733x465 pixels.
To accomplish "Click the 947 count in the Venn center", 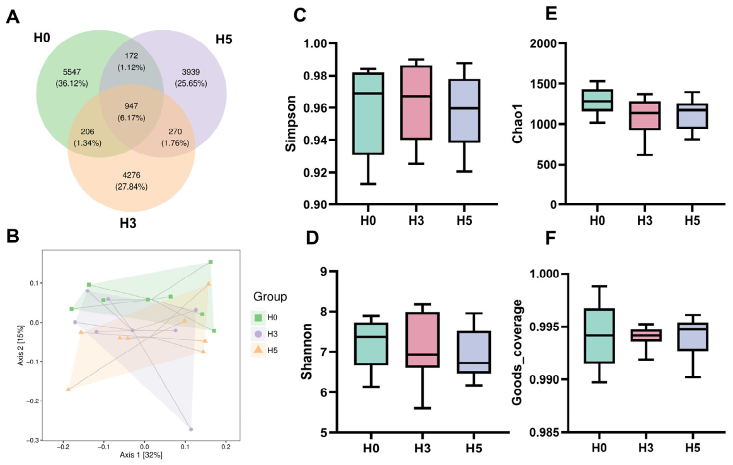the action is pyautogui.click(x=131, y=106).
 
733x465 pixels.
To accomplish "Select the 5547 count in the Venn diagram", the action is pyautogui.click(x=72, y=72).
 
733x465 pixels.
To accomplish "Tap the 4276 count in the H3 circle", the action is pyautogui.click(x=131, y=175).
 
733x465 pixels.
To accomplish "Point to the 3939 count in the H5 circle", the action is pyautogui.click(x=191, y=72).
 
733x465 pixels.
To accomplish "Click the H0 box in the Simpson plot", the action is pyautogui.click(x=368, y=113).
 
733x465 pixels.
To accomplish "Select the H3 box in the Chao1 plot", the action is pyautogui.click(x=645, y=115).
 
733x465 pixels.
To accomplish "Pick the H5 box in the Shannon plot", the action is pyautogui.click(x=473, y=352).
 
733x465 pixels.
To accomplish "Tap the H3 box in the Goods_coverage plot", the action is pyautogui.click(x=645, y=335).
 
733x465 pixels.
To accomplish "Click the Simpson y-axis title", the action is pyautogui.click(x=291, y=123).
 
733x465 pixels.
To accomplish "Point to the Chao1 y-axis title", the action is pyautogui.click(x=517, y=123).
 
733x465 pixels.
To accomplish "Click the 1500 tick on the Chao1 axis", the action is pyautogui.click(x=543, y=84).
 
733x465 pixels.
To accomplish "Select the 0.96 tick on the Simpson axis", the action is pyautogui.click(x=315, y=108).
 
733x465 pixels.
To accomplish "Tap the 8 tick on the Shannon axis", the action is pyautogui.click(x=323, y=312).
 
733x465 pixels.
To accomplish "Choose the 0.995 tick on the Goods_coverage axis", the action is pyautogui.click(x=544, y=326).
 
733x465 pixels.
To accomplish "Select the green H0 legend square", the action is pyautogui.click(x=258, y=318).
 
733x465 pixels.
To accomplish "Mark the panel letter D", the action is pyautogui.click(x=312, y=238).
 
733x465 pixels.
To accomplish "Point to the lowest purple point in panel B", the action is pyautogui.click(x=191, y=429).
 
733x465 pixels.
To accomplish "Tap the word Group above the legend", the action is pyautogui.click(x=270, y=297).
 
